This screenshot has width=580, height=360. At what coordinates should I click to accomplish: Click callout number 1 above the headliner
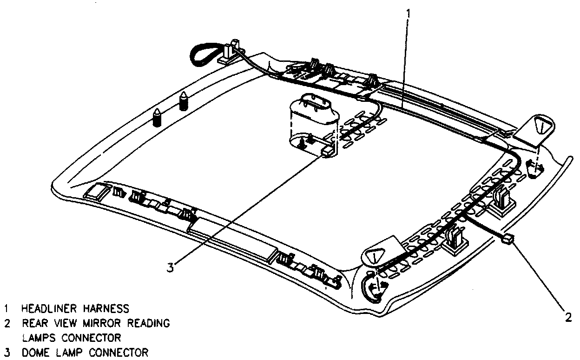409,13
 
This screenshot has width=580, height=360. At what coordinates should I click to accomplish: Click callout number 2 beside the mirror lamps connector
567,317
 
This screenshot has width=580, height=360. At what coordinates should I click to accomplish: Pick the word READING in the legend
150,323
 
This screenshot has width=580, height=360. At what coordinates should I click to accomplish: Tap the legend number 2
7,323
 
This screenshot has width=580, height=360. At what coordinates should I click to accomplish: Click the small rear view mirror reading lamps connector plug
508,240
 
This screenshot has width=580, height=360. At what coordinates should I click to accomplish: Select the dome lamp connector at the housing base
327,150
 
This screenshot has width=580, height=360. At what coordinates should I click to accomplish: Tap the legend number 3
7,352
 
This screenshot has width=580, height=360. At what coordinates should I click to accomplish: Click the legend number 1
7,309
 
